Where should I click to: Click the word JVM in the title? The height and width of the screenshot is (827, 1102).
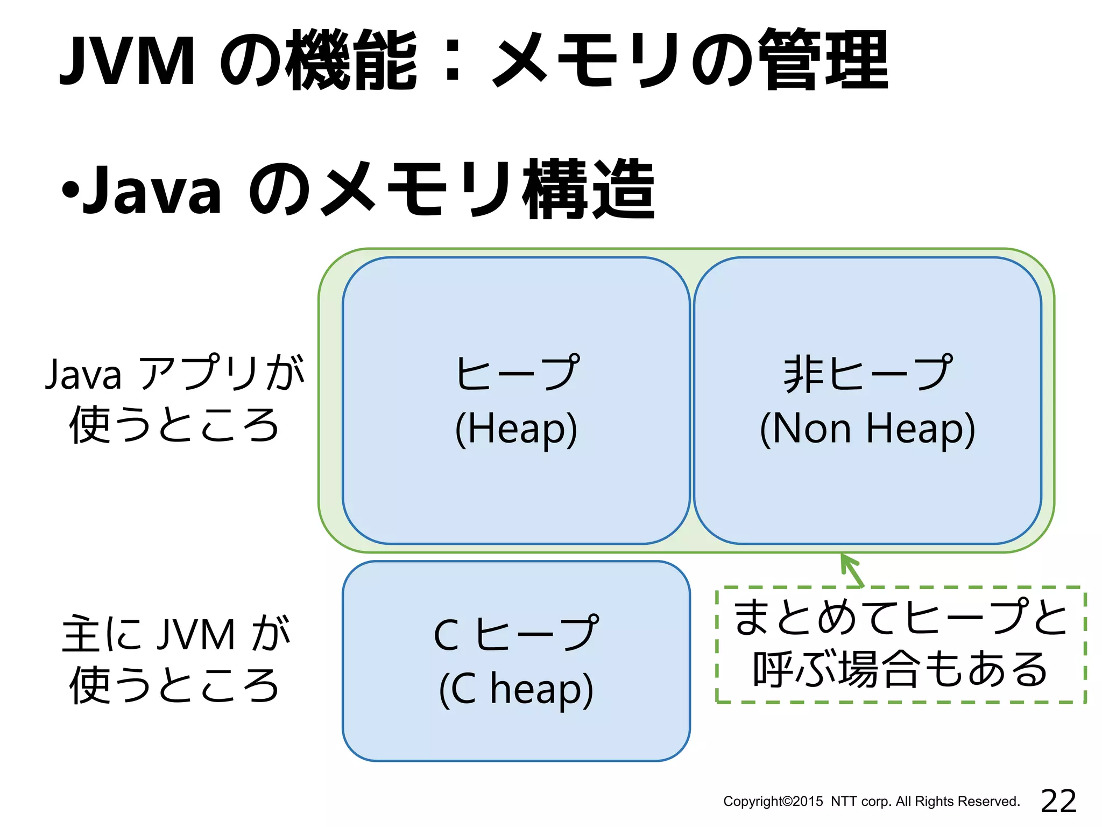(127, 60)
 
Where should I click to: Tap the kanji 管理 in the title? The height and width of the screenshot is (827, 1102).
(825, 60)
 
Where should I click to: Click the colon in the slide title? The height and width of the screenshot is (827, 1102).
(453, 60)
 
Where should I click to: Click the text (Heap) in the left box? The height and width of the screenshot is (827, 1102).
(516, 429)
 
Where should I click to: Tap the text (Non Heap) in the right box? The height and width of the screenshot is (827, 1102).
(867, 429)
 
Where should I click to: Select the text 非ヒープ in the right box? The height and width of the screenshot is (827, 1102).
(867, 373)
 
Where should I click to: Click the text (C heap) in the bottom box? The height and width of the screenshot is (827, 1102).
(516, 690)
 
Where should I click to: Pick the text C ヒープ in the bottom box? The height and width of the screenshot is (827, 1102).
(516, 634)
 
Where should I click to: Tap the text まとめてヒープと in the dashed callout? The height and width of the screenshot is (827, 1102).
(900, 618)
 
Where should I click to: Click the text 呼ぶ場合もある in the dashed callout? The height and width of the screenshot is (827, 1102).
(900, 669)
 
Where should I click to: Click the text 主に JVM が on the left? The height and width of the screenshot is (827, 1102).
(175, 634)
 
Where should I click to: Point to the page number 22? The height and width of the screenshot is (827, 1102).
(1058, 801)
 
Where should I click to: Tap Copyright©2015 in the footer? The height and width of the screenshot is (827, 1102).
(773, 802)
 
